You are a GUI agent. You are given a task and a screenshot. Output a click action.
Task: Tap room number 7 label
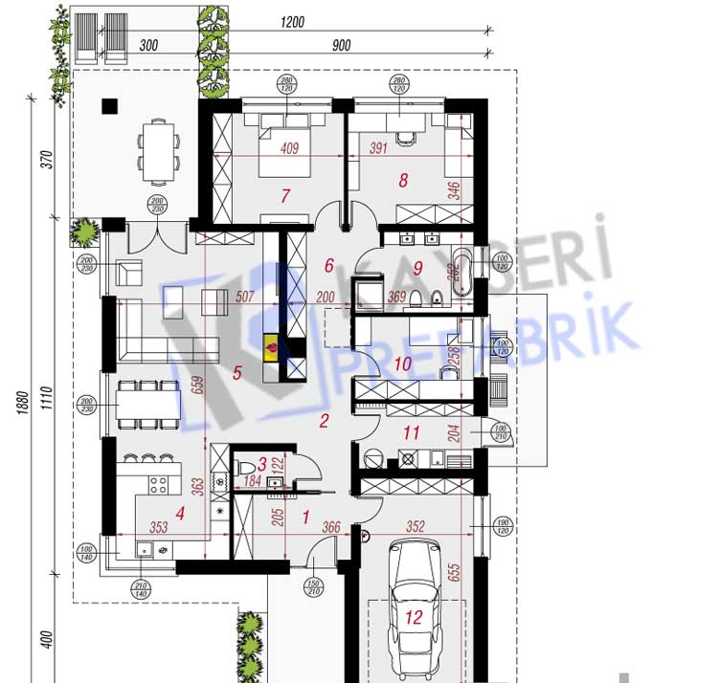284,196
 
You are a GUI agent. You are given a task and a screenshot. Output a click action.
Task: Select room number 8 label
403,179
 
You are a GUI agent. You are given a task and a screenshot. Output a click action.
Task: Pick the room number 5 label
236,373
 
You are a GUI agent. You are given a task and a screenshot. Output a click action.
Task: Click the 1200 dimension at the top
293,22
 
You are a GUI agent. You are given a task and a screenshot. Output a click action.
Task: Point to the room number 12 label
414,617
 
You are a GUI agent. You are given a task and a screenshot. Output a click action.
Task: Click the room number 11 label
411,433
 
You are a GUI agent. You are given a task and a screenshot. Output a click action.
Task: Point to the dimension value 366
331,525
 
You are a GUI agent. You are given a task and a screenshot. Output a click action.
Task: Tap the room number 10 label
402,364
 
